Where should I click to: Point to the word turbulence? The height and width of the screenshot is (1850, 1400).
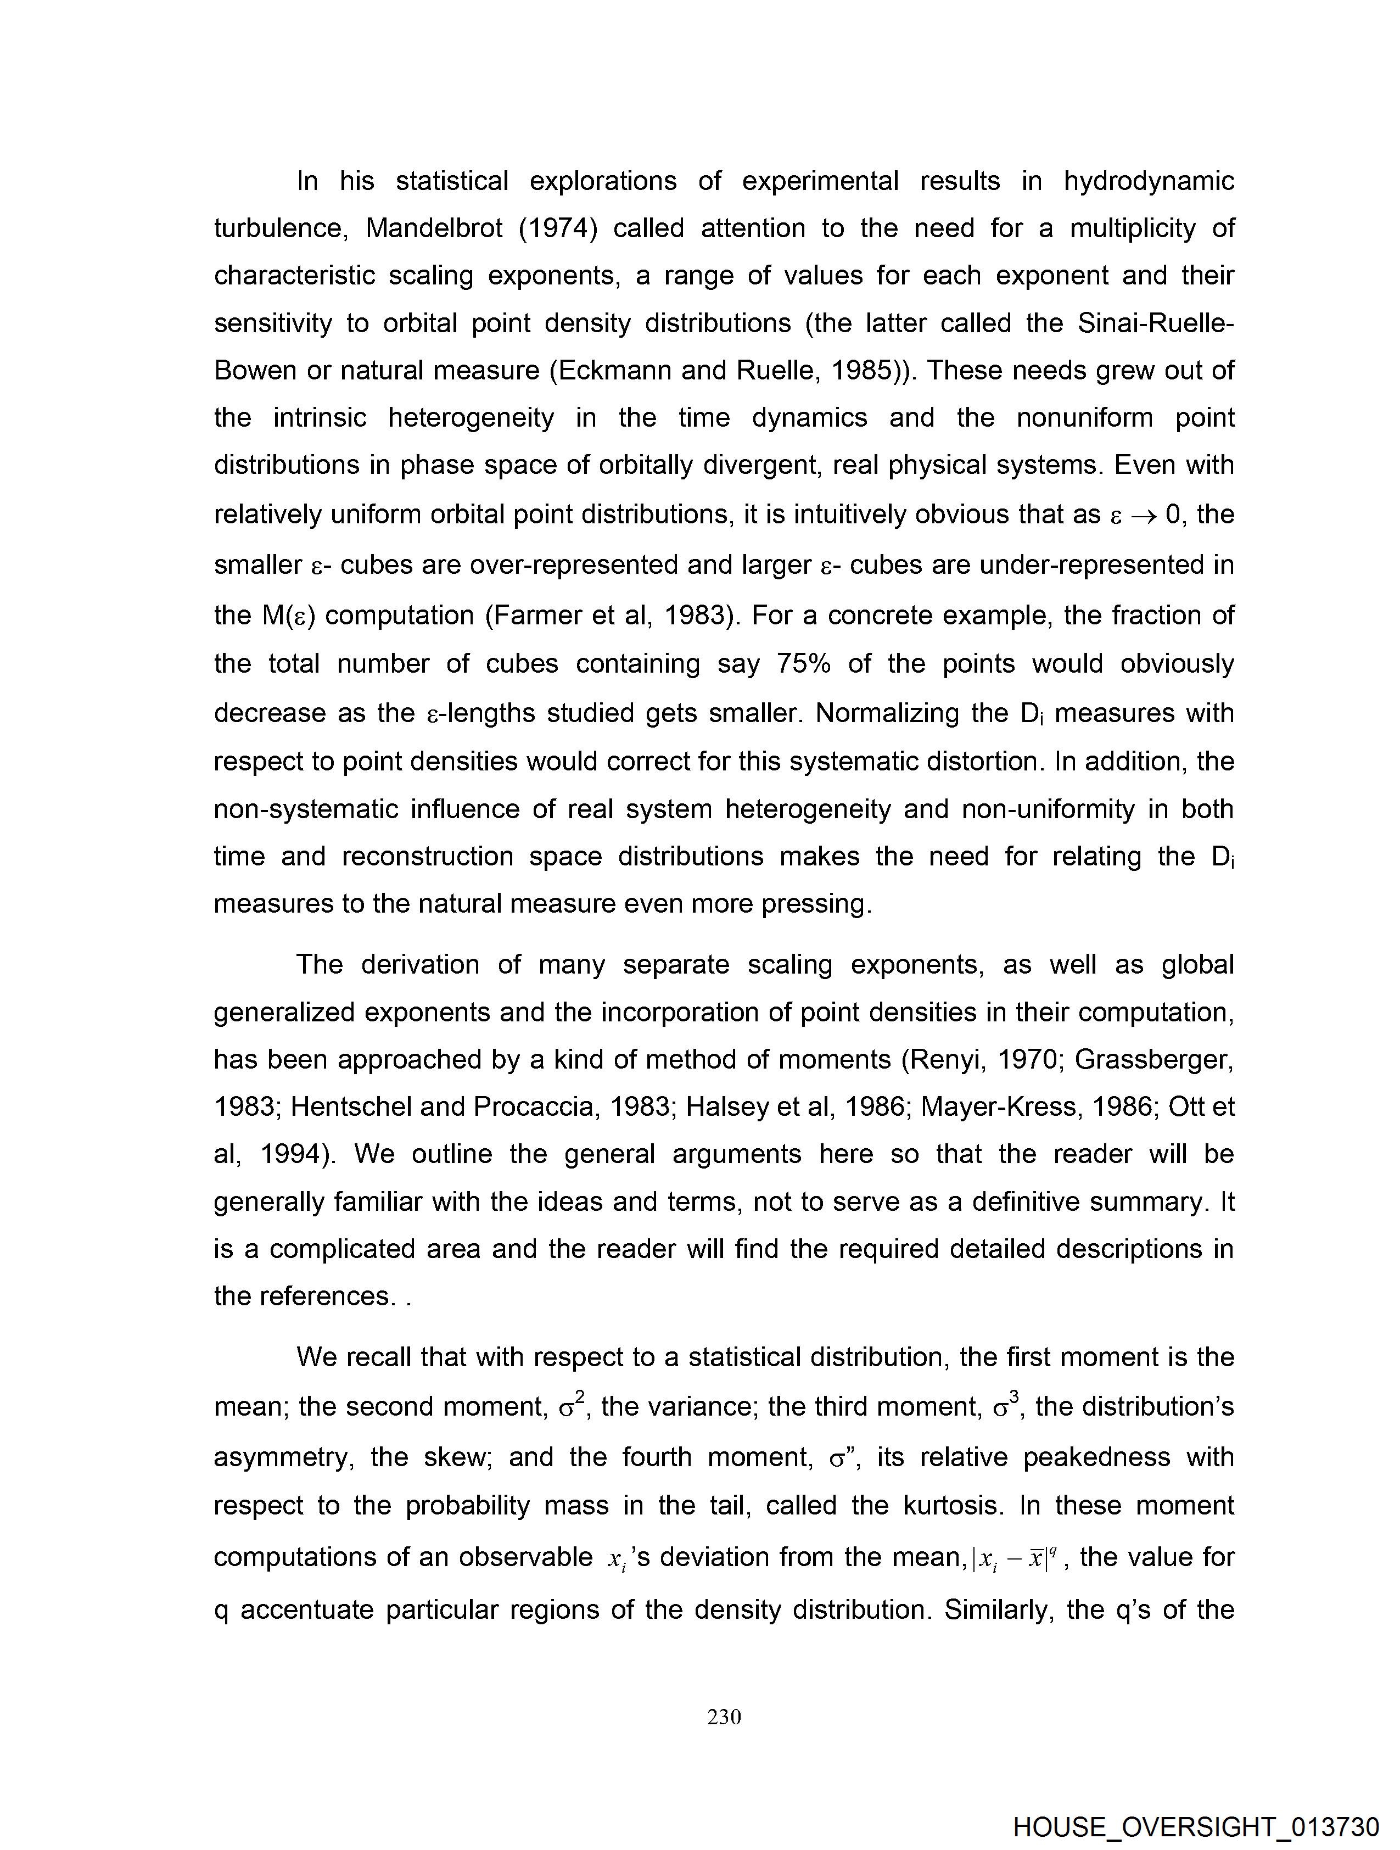click(x=278, y=228)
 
